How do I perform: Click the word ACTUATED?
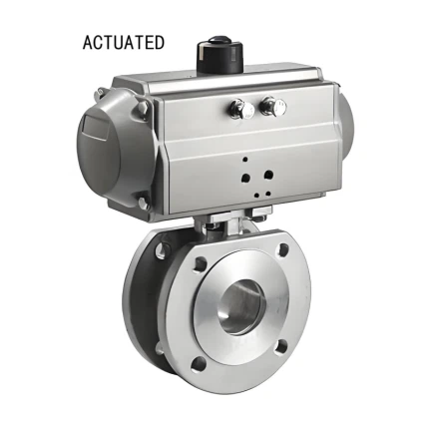pyautogui.click(x=124, y=43)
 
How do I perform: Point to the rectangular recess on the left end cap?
pyautogui.click(x=95, y=135)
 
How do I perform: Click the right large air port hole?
pyautogui.click(x=267, y=176)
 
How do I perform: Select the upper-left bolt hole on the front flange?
pyautogui.click(x=201, y=266)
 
